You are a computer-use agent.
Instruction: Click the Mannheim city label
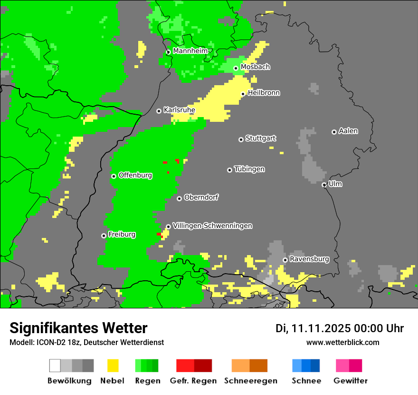coord(190,51)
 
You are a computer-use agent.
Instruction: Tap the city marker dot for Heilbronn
coord(243,94)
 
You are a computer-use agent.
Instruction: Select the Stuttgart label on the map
coord(261,138)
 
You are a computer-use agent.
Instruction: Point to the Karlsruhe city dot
coord(159,111)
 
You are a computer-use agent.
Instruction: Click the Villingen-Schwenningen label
coord(212,226)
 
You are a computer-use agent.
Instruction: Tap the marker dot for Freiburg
coord(104,236)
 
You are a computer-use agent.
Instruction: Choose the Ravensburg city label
coord(309,259)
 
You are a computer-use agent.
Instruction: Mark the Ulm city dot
coord(324,185)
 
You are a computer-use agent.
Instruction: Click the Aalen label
coord(348,131)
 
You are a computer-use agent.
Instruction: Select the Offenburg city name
coord(135,175)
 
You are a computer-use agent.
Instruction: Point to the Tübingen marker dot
coord(229,170)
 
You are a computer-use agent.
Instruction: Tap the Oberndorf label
coord(201,197)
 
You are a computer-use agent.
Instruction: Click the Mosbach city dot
coord(236,68)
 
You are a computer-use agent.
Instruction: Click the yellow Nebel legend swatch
coord(113,365)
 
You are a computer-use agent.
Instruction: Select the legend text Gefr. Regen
coord(193,381)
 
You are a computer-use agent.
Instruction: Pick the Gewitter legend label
coord(351,381)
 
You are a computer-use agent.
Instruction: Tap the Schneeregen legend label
coord(251,381)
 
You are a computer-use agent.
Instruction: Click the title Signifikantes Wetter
coord(78,328)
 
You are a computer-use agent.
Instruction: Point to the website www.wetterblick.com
coord(342,342)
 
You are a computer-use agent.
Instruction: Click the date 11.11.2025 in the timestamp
coord(321,328)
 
